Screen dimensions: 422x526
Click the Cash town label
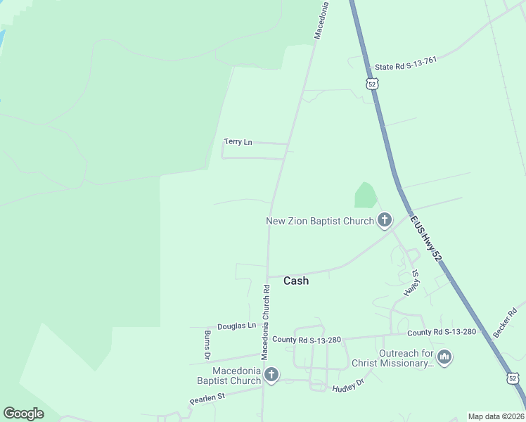pyautogui.click(x=295, y=281)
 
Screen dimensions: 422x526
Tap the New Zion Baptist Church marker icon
pyautogui.click(x=384, y=220)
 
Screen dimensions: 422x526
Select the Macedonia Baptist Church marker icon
pyautogui.click(x=271, y=375)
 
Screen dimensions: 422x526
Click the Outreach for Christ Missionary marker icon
pyautogui.click(x=444, y=357)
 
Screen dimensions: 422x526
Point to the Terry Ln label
pyautogui.click(x=238, y=142)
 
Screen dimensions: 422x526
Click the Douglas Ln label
pyautogui.click(x=236, y=326)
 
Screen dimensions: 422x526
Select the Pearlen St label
pyautogui.click(x=206, y=399)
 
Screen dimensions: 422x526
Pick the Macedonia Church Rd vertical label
pyautogui.click(x=266, y=321)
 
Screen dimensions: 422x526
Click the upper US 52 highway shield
pyautogui.click(x=372, y=83)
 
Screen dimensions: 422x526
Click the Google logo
pyautogui.click(x=23, y=413)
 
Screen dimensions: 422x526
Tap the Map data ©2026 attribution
pyautogui.click(x=496, y=416)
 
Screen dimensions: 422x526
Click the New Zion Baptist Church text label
pyautogui.click(x=320, y=221)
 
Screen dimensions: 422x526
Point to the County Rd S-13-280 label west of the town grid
pyautogui.click(x=307, y=340)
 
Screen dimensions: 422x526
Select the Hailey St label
pyautogui.click(x=411, y=282)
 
